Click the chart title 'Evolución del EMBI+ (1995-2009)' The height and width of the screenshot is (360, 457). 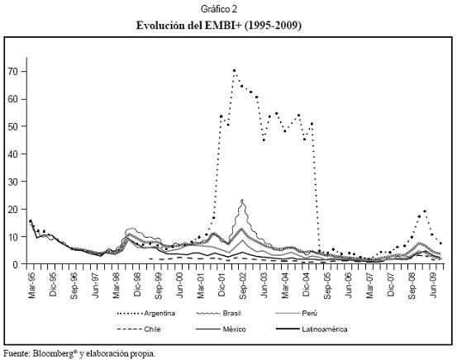tap(219, 26)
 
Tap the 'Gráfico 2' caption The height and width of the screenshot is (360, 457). tap(219, 9)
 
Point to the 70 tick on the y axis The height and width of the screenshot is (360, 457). tap(15, 71)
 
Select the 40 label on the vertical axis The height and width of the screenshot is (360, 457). tap(15, 154)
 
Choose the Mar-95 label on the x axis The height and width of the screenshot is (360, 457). tap(31, 286)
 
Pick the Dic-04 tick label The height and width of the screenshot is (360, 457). tap(306, 285)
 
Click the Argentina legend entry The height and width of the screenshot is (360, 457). tap(146, 314)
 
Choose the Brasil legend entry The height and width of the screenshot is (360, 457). tap(219, 314)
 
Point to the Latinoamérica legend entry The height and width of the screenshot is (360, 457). tap(312, 329)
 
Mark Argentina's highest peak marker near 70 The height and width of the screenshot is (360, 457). tap(234, 70)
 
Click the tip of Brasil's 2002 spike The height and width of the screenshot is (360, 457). tap(242, 200)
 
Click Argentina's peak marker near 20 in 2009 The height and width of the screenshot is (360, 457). tap(425, 211)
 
